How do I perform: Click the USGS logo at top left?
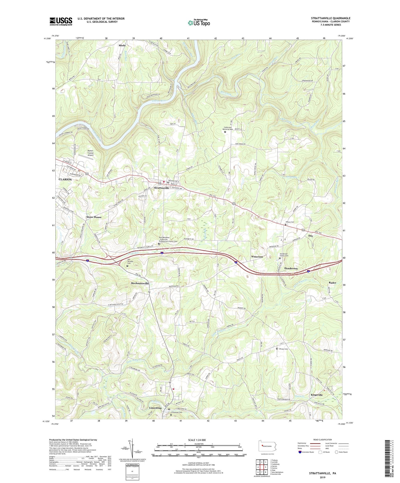[61, 21]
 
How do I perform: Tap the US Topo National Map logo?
[198, 22]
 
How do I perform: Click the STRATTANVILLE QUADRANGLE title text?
[331, 18]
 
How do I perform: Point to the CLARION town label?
[65, 179]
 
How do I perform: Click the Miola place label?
[122, 45]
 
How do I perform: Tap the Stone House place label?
[94, 217]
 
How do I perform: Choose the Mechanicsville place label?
[140, 283]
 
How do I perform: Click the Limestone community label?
[155, 408]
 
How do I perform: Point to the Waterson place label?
[257, 257]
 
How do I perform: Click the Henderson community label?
[291, 268]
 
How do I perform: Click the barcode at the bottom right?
[388, 459]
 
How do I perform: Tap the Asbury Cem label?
[290, 222]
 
